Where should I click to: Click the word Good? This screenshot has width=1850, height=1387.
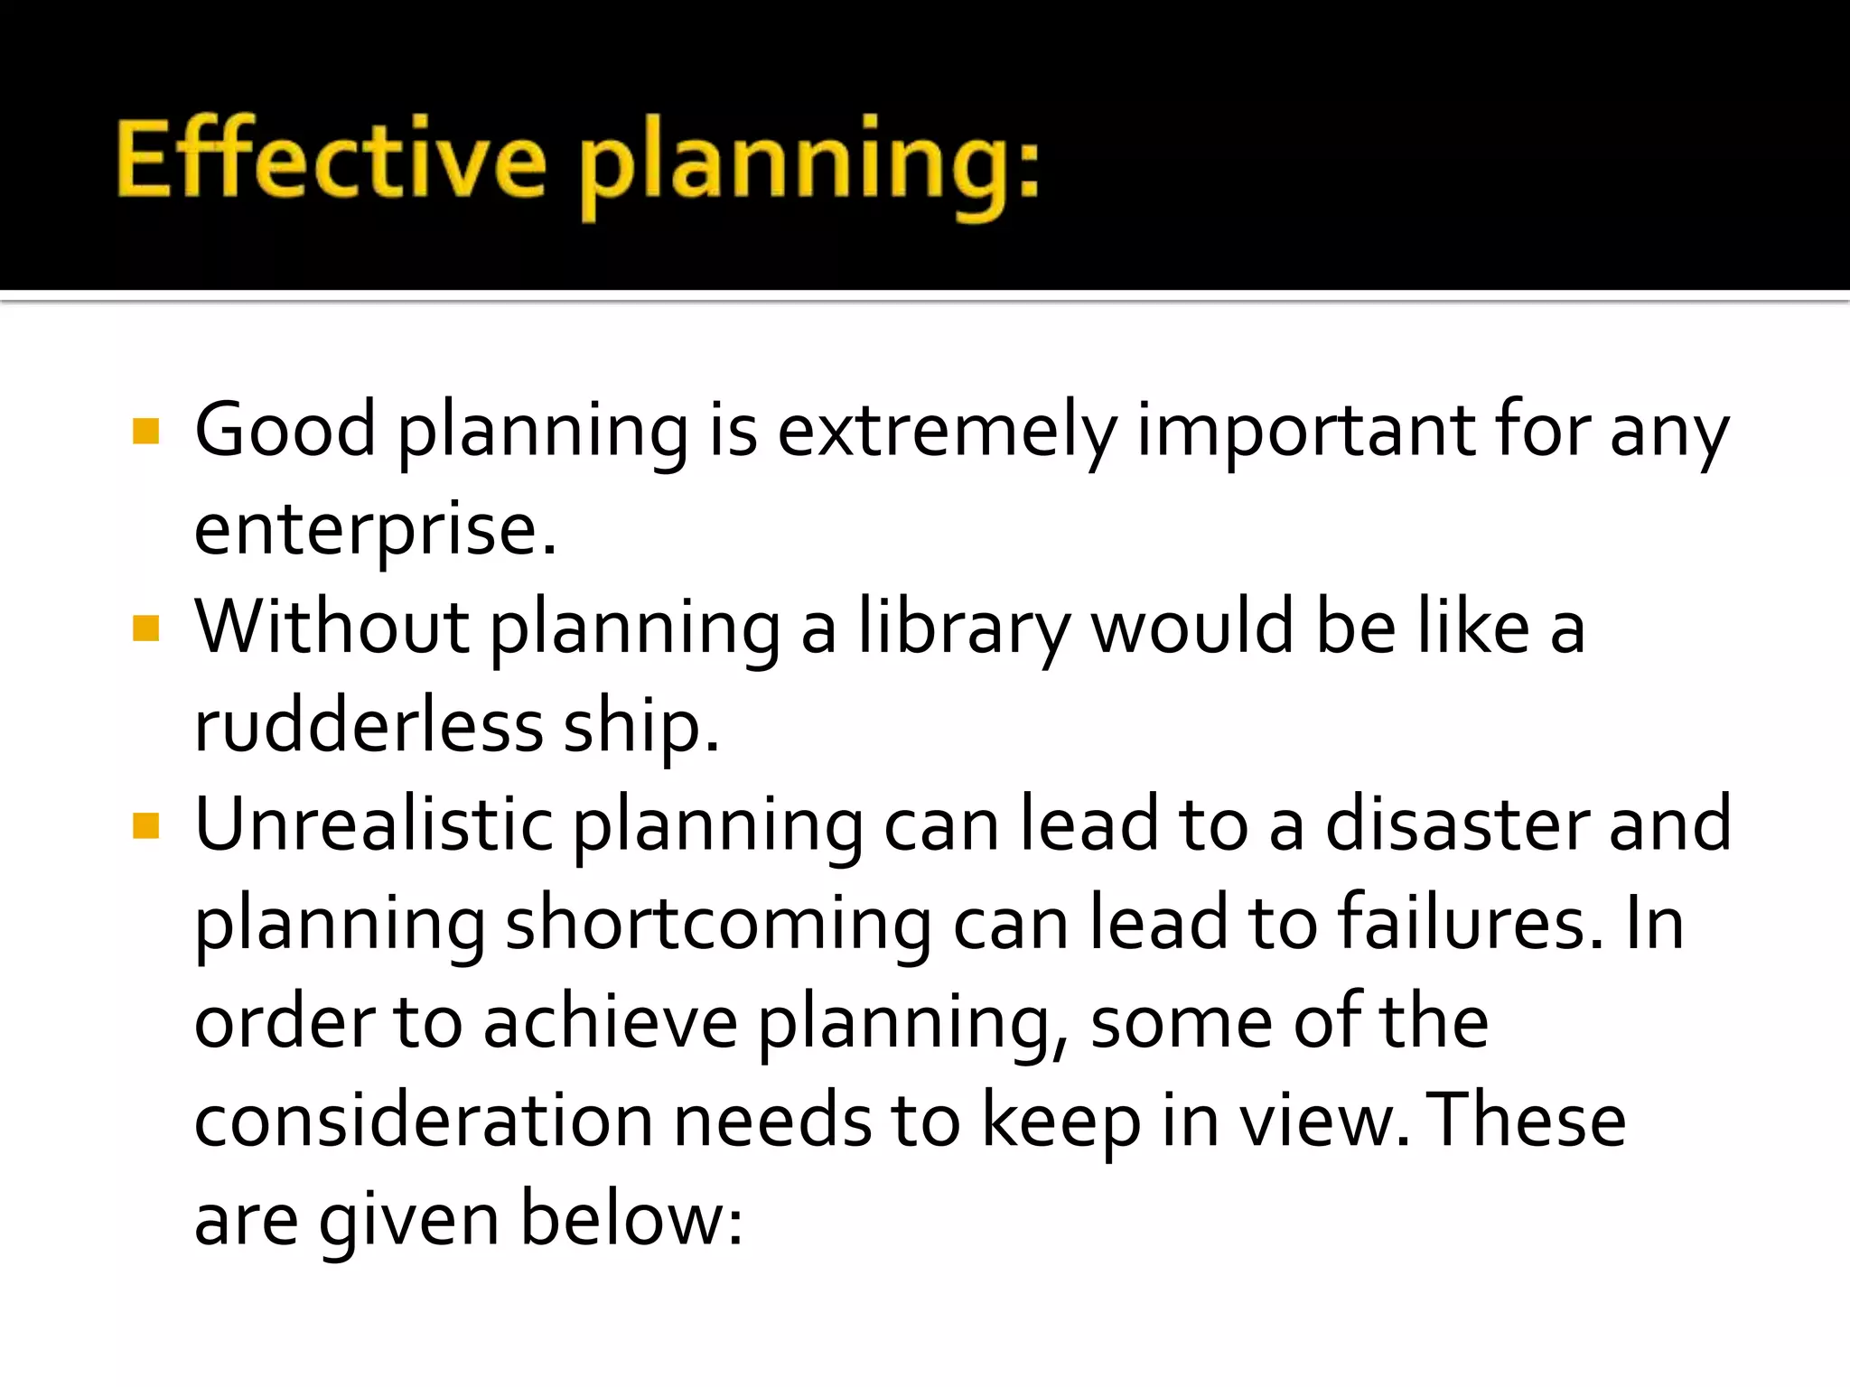[x=285, y=430]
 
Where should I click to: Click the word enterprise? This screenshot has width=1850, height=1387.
[x=375, y=530]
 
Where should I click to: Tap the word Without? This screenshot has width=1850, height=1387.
[x=332, y=627]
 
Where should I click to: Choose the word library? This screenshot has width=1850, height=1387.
[x=964, y=628]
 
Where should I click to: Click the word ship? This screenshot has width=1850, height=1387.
[x=641, y=727]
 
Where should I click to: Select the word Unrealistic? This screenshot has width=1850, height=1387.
[x=373, y=824]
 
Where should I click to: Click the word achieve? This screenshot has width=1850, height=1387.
[x=611, y=1023]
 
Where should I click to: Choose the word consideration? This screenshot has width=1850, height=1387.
[x=423, y=1122]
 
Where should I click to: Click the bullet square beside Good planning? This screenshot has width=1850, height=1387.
[x=145, y=432]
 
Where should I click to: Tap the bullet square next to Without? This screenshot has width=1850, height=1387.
[x=145, y=628]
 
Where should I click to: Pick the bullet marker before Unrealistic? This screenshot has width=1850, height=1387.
[x=145, y=825]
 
